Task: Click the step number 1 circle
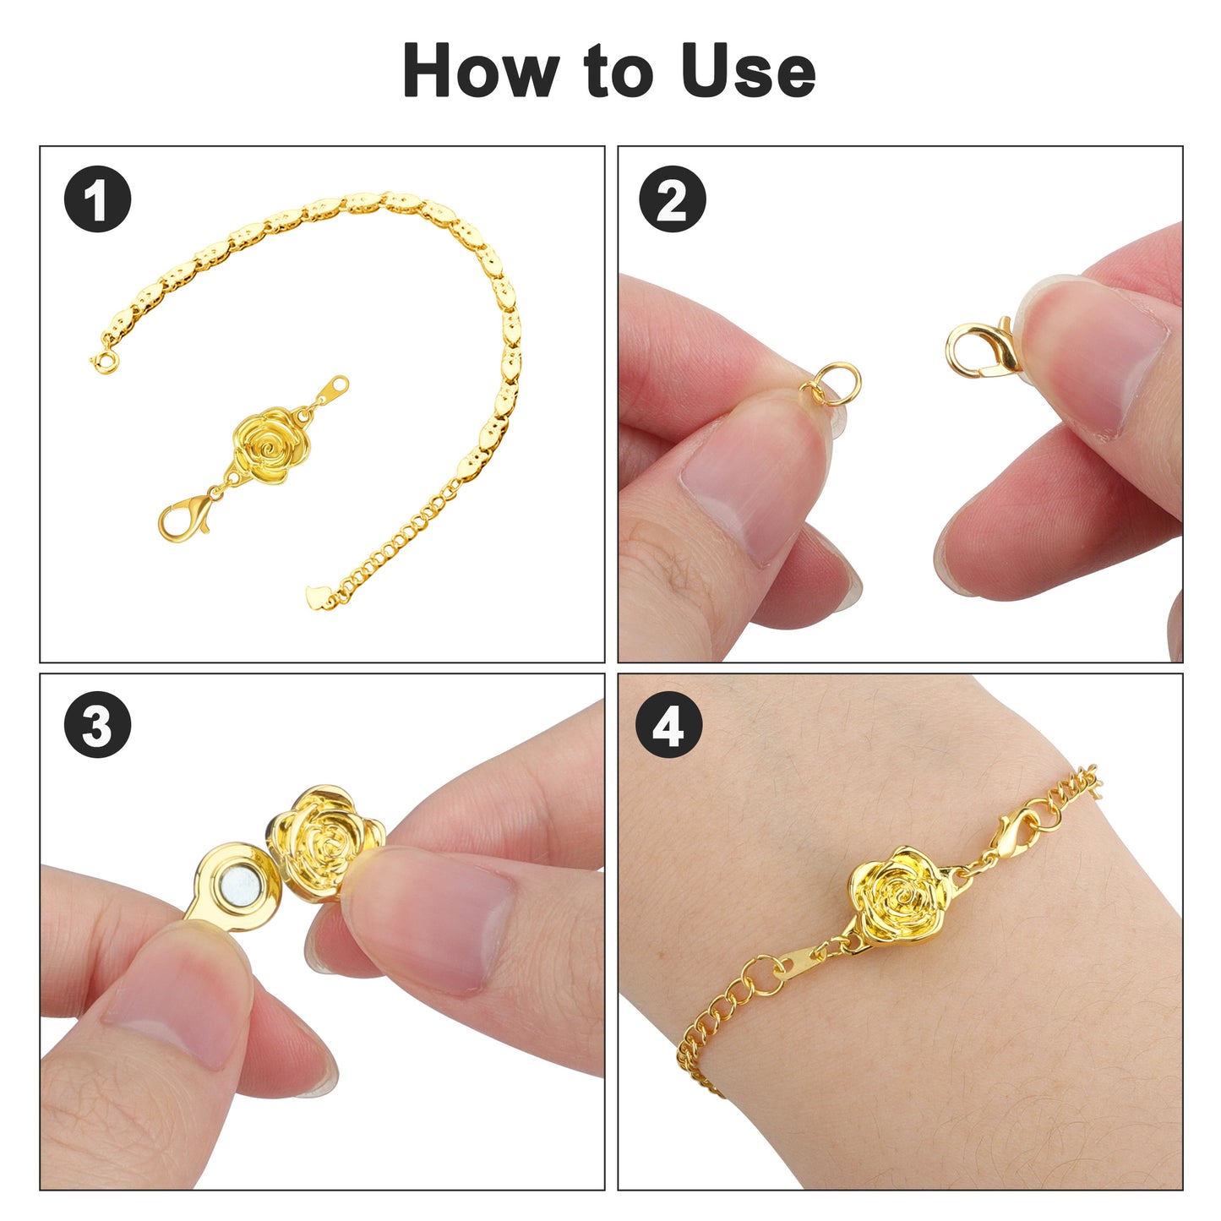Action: click(x=97, y=199)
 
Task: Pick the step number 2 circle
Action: click(x=673, y=199)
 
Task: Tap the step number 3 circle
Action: click(x=97, y=724)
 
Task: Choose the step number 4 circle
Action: click(x=668, y=724)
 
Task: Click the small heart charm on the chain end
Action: click(x=316, y=597)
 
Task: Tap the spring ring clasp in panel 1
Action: click(x=105, y=362)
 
